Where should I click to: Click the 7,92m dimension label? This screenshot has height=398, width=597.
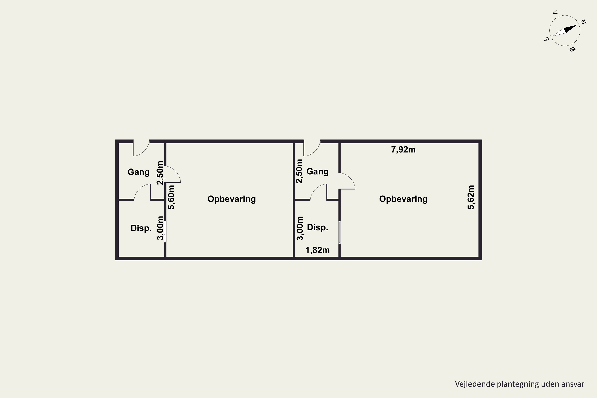coord(403,150)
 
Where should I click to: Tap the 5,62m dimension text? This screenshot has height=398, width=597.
coord(471,197)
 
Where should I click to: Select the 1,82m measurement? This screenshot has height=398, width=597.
coord(318,250)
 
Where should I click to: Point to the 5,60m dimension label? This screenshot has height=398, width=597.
coord(171,197)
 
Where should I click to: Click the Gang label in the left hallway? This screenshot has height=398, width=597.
coord(139,172)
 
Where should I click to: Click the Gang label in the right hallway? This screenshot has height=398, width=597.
coord(318,172)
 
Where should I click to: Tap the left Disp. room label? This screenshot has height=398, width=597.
coord(141,228)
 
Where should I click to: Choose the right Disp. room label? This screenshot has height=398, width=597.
coord(318,227)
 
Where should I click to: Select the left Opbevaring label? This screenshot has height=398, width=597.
coord(231,199)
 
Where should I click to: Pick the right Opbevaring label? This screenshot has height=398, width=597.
coord(403,199)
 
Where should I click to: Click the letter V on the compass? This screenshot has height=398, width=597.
coord(555,12)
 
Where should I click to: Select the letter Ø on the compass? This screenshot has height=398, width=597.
coord(572,49)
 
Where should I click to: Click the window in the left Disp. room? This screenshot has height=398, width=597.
coord(165,231)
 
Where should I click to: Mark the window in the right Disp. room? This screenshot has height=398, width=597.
coord(340,232)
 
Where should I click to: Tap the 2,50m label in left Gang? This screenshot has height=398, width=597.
coord(160,173)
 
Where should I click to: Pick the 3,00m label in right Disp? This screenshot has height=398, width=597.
coord(300,228)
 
